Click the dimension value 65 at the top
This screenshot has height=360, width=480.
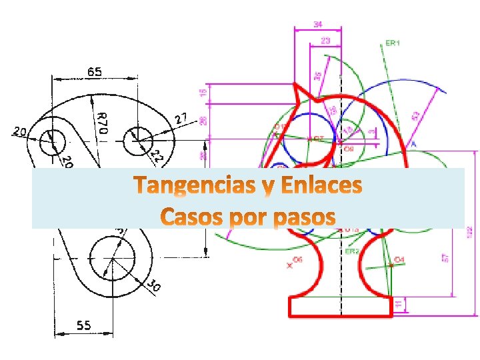(x=93, y=71)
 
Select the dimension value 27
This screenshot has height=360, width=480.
(x=181, y=119)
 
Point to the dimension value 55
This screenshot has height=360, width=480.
(x=83, y=325)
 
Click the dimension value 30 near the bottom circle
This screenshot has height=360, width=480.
(x=153, y=287)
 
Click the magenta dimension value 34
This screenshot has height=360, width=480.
(x=318, y=24)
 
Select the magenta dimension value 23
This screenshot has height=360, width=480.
(x=325, y=41)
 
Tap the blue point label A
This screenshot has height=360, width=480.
(x=413, y=144)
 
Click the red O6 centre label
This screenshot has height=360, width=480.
(x=297, y=260)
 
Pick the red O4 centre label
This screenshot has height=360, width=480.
(x=399, y=259)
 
